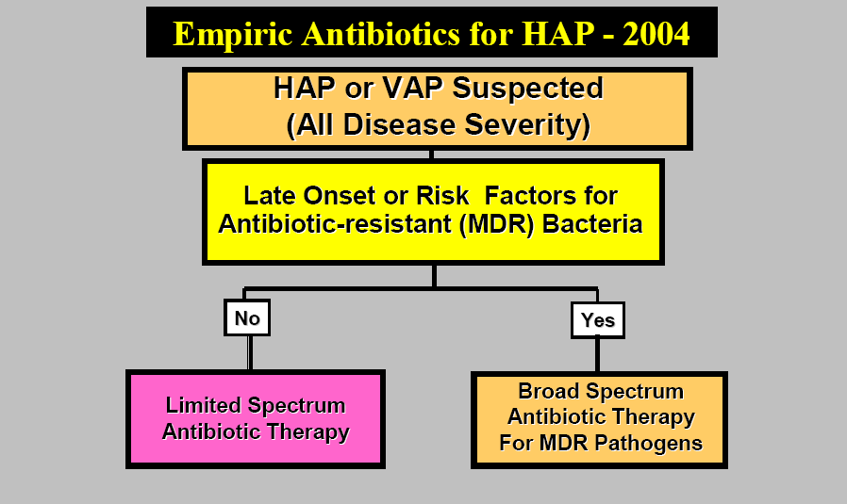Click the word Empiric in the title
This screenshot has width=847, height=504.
pyautogui.click(x=232, y=35)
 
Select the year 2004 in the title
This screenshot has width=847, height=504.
pyautogui.click(x=656, y=34)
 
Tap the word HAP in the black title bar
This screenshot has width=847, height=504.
pyautogui.click(x=558, y=34)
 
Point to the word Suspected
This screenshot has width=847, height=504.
pyautogui.click(x=527, y=89)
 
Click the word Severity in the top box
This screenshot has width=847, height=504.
pyautogui.click(x=526, y=125)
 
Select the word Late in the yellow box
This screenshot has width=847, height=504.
pyautogui.click(x=270, y=195)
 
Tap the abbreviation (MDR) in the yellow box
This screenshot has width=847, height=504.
pyautogui.click(x=496, y=224)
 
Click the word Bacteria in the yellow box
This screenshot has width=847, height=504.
pyautogui.click(x=592, y=223)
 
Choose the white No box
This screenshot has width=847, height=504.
pyautogui.click(x=247, y=317)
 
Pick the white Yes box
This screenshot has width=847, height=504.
pyautogui.click(x=598, y=320)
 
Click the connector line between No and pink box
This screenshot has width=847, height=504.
pyautogui.click(x=250, y=353)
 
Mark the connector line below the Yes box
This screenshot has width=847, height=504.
pyautogui.click(x=597, y=355)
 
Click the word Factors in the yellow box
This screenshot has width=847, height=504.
pyautogui.click(x=551, y=195)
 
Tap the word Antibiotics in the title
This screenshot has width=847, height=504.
pyautogui.click(x=381, y=34)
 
